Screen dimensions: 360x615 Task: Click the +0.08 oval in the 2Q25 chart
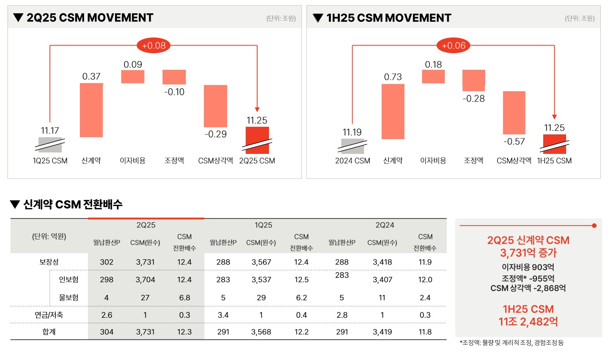tap(154, 46)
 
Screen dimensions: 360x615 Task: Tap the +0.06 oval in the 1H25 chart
tap(454, 46)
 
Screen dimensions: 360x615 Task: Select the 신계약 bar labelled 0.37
tap(91, 110)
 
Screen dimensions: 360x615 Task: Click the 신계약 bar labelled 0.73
tap(393, 112)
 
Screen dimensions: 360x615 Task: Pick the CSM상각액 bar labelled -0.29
tap(216, 106)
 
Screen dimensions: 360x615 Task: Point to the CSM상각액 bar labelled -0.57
tap(514, 113)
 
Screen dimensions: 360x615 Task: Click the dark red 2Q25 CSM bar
tap(257, 140)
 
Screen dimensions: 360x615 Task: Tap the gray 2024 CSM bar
tap(352, 146)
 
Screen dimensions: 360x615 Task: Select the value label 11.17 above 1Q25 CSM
tap(50, 131)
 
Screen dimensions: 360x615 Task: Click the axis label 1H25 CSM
tap(554, 161)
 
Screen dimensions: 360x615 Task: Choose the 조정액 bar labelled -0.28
tap(474, 80)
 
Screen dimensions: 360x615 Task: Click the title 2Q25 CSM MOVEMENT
tap(90, 18)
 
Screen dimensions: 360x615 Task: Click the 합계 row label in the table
tap(49, 332)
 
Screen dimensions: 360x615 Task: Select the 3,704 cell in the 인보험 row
tap(145, 280)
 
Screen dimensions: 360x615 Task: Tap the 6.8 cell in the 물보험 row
tap(184, 298)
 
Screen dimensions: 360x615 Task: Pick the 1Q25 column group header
tap(263, 225)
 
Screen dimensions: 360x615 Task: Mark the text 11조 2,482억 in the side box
tap(528, 322)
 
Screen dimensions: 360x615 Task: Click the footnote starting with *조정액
tap(511, 342)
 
